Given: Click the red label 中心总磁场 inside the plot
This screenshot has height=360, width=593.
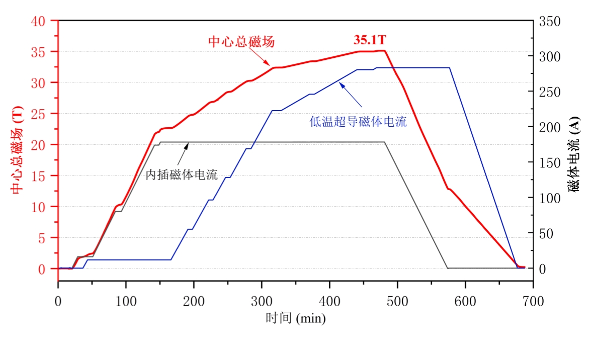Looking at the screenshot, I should pyautogui.click(x=241, y=42).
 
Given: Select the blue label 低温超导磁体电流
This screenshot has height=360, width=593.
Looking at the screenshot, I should pyautogui.click(x=358, y=121).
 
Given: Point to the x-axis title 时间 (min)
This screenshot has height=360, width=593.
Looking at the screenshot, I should pyautogui.click(x=296, y=318).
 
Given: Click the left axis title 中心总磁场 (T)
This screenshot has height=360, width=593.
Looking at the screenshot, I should pyautogui.click(x=18, y=150).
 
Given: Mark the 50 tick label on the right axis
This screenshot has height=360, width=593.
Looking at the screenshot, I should pyautogui.click(x=546, y=233).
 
